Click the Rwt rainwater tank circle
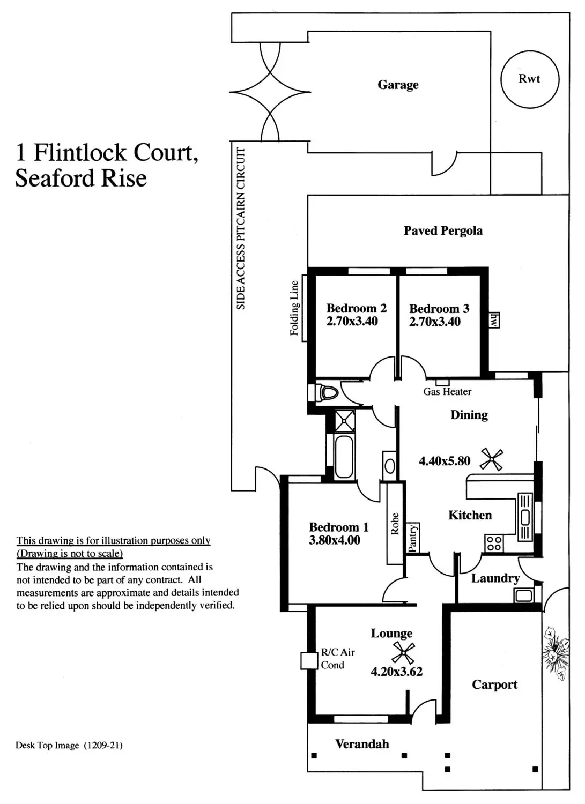click(529, 79)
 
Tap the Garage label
click(398, 85)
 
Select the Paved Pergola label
click(443, 231)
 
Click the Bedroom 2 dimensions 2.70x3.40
click(352, 322)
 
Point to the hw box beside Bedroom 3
click(494, 320)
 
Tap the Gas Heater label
click(447, 392)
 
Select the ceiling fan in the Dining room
click(491, 460)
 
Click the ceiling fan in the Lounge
click(403, 652)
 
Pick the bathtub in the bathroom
click(344, 457)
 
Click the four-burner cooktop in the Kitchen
click(494, 543)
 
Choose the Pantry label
click(412, 538)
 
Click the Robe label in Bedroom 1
click(395, 524)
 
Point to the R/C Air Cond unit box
click(309, 660)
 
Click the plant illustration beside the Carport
click(555, 652)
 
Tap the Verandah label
click(362, 744)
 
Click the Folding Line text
click(294, 308)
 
